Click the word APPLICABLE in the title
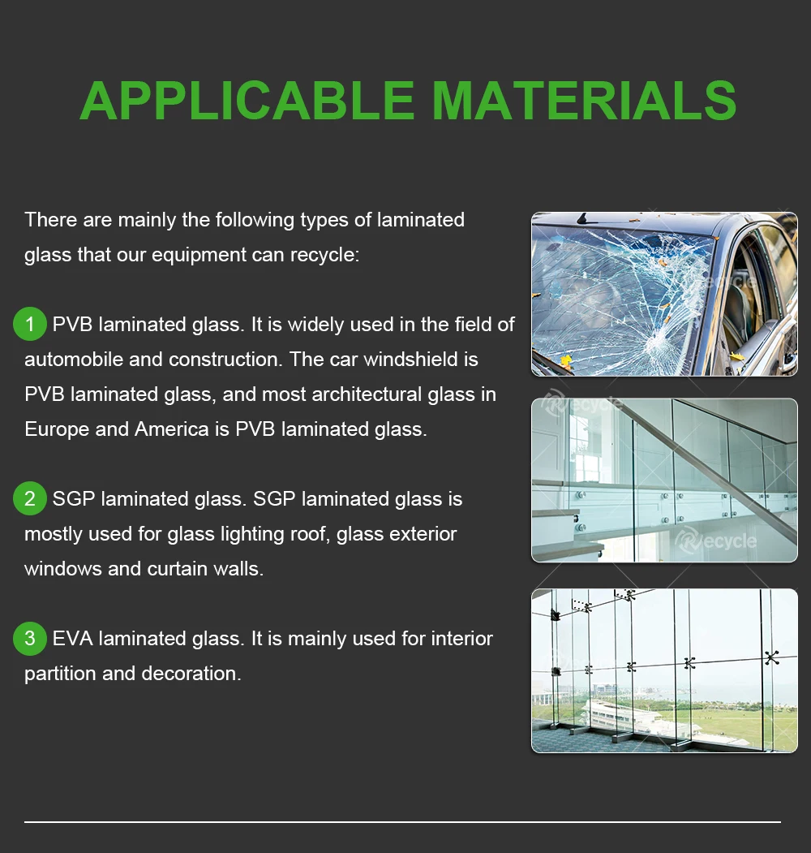tap(247, 101)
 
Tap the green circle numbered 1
tap(30, 325)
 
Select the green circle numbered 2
tap(30, 498)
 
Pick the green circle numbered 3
tap(30, 639)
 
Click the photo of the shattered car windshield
tap(663, 294)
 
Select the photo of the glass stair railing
tap(663, 480)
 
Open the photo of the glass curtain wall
tap(663, 670)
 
